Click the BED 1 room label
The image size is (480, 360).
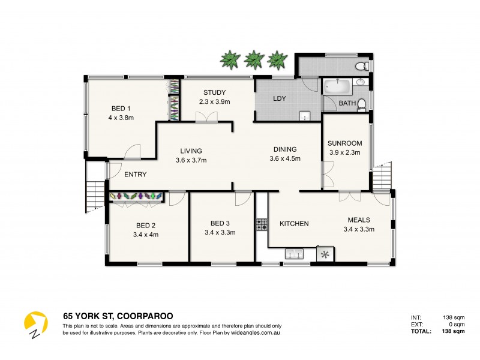pyautogui.click(x=121, y=109)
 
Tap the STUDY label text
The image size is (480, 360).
pyautogui.click(x=214, y=92)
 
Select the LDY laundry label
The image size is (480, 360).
pyautogui.click(x=279, y=98)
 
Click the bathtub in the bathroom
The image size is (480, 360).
pyautogui.click(x=337, y=87)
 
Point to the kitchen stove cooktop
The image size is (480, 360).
pyautogui.click(x=262, y=225)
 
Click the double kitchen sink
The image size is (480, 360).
pyautogui.click(x=293, y=254)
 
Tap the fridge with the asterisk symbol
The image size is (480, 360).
pyautogui.click(x=326, y=254)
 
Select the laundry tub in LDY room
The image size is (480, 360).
pyautogui.click(x=305, y=116)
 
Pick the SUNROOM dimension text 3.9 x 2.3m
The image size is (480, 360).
pyautogui.click(x=344, y=152)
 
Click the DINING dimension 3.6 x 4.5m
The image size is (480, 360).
pyautogui.click(x=284, y=159)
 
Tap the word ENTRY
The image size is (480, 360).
pyautogui.click(x=136, y=175)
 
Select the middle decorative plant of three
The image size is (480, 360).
pyautogui.click(x=254, y=59)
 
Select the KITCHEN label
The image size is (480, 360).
pyautogui.click(x=294, y=224)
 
